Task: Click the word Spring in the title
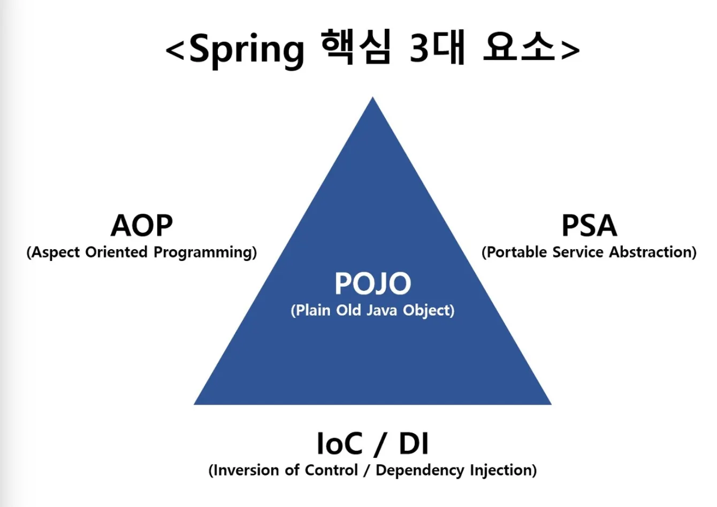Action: (246, 49)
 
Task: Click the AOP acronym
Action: (142, 226)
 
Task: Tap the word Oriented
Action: (116, 252)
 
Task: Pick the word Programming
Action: (203, 252)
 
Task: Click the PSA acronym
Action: (589, 226)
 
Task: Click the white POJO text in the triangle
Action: (372, 283)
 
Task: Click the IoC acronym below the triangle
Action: (339, 444)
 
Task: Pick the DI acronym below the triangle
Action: (414, 444)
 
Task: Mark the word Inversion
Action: (247, 470)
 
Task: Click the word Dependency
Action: (420, 471)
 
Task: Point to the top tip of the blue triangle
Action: (372, 99)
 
